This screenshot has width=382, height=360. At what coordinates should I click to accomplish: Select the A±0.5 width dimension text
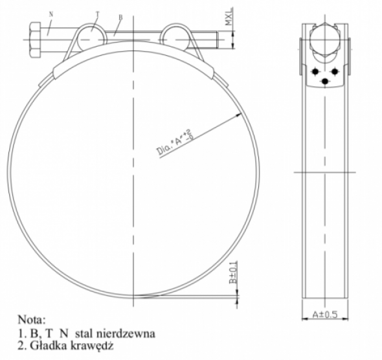(325, 315)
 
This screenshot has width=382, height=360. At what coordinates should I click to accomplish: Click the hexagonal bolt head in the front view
(34, 39)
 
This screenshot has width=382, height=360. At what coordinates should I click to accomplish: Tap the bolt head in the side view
(325, 40)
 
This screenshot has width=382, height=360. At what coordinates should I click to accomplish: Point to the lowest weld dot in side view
(325, 80)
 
